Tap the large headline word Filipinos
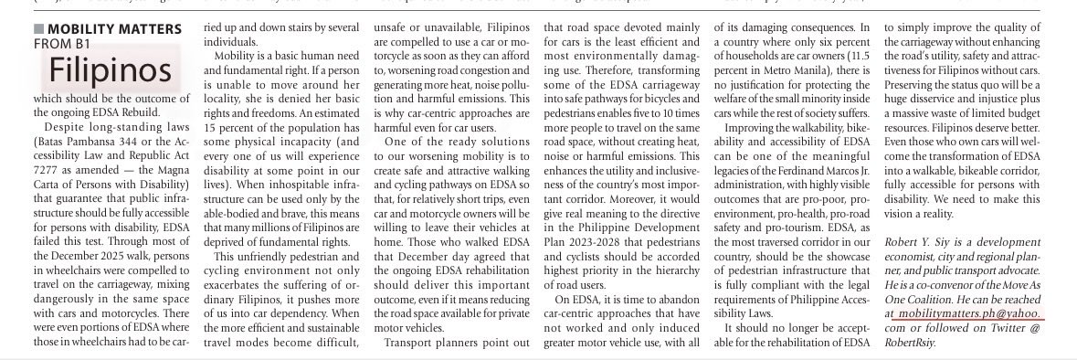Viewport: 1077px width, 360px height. (111, 69)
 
